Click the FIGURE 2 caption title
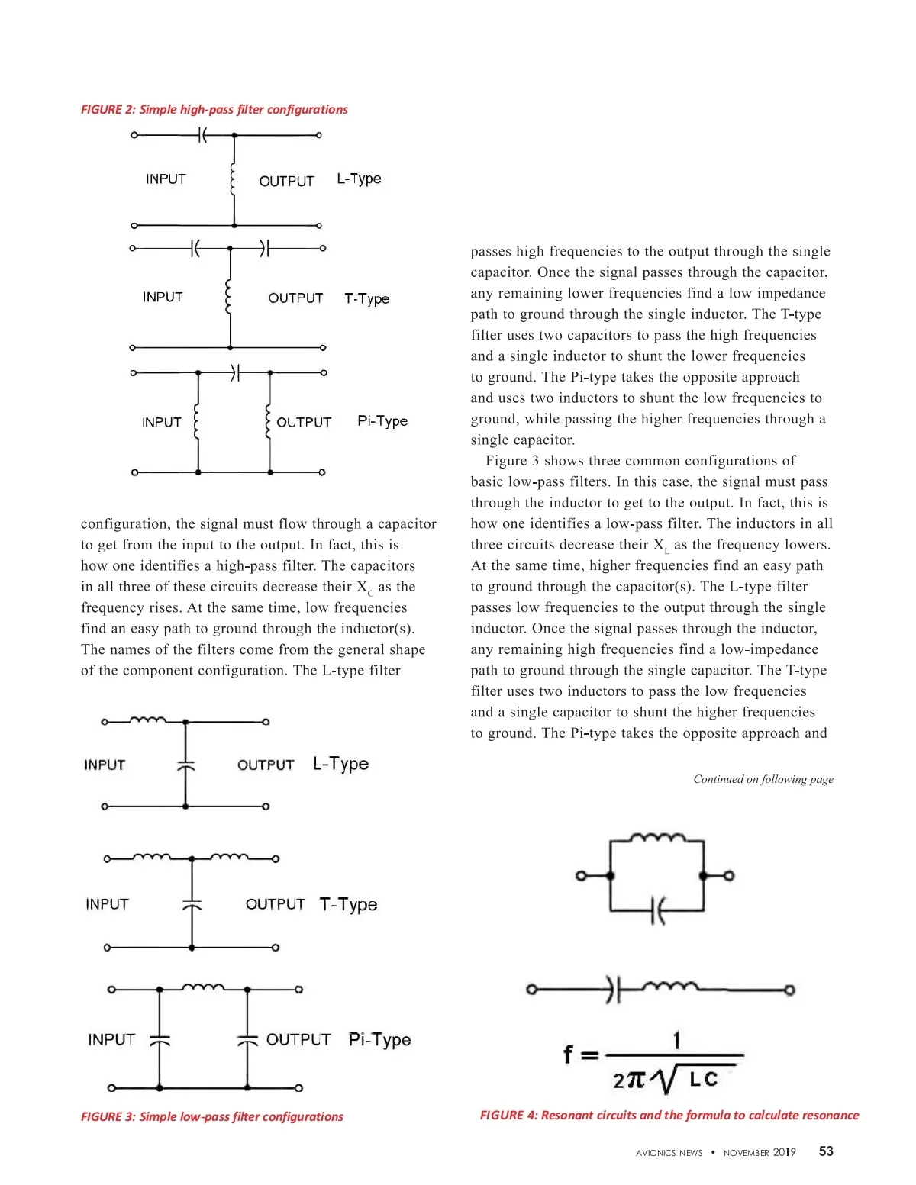(x=214, y=110)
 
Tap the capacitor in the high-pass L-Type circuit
(x=202, y=136)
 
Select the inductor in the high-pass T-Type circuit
(x=228, y=298)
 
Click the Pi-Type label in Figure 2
(x=382, y=421)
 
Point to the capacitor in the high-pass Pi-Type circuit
(x=236, y=373)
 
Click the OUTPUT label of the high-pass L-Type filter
(x=286, y=182)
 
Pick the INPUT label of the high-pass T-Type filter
(x=163, y=297)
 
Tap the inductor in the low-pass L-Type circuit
(x=148, y=720)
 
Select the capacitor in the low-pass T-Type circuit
(x=192, y=905)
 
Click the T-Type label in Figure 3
(x=348, y=905)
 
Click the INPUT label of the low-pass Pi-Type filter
(x=111, y=1040)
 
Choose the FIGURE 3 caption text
(x=212, y=1117)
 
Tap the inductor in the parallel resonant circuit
(x=658, y=839)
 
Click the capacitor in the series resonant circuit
(x=614, y=990)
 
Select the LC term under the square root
(x=703, y=1079)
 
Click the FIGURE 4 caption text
(x=669, y=1116)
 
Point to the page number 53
(x=826, y=1151)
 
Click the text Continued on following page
(x=763, y=779)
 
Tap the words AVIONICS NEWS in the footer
(x=669, y=1153)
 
